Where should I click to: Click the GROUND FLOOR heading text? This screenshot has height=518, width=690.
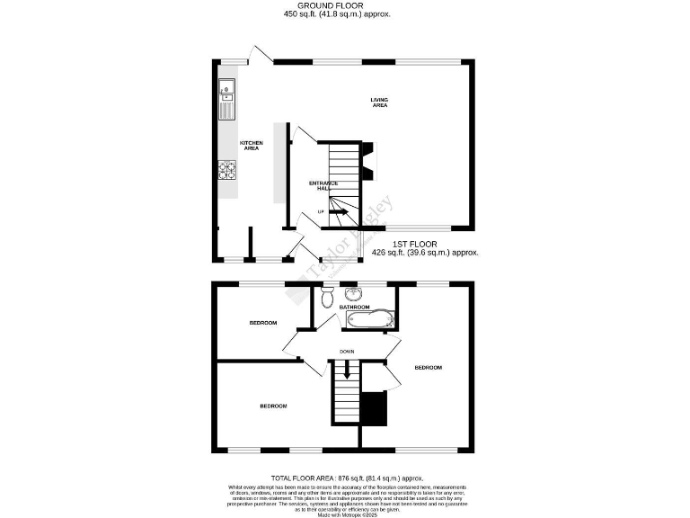pyautogui.click(x=337, y=5)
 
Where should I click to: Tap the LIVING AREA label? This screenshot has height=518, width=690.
pyautogui.click(x=379, y=102)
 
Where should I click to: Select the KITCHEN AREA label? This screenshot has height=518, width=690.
pyautogui.click(x=251, y=145)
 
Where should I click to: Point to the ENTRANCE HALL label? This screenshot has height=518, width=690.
pyautogui.click(x=323, y=185)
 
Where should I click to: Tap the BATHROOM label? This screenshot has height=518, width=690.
pyautogui.click(x=354, y=307)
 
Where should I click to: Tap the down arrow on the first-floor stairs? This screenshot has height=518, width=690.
pyautogui.click(x=343, y=373)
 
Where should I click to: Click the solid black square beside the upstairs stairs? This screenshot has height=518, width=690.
pyautogui.click(x=373, y=409)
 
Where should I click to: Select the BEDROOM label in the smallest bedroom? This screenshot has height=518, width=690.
pyautogui.click(x=262, y=322)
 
